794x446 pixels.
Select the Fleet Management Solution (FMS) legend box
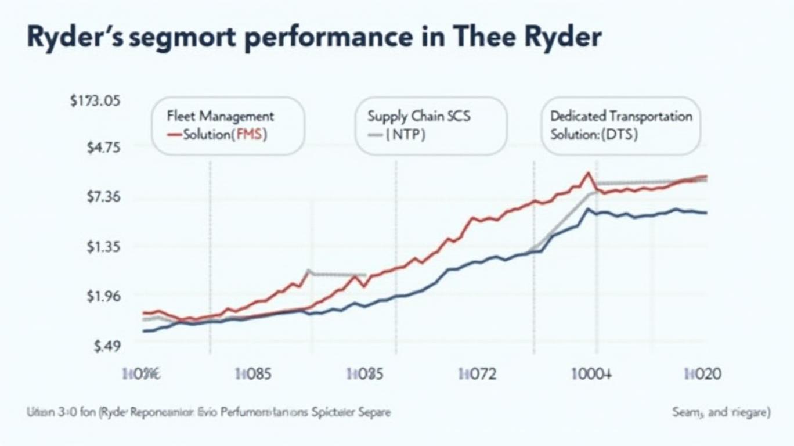pyautogui.click(x=228, y=125)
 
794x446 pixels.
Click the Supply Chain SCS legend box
pyautogui.click(x=431, y=125)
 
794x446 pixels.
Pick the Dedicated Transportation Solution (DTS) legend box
pyautogui.click(x=621, y=125)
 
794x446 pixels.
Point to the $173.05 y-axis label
pyautogui.click(x=95, y=101)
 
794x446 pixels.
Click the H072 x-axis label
pyautogui.click(x=478, y=374)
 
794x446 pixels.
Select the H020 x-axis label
pyautogui.click(x=703, y=374)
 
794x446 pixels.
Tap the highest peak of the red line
pyautogui.click(x=589, y=173)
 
